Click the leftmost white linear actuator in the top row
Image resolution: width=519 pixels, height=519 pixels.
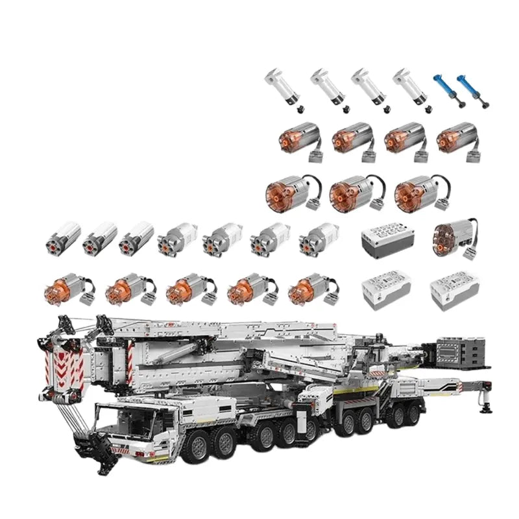(278, 87)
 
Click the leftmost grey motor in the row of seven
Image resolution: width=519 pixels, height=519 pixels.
(64, 237)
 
